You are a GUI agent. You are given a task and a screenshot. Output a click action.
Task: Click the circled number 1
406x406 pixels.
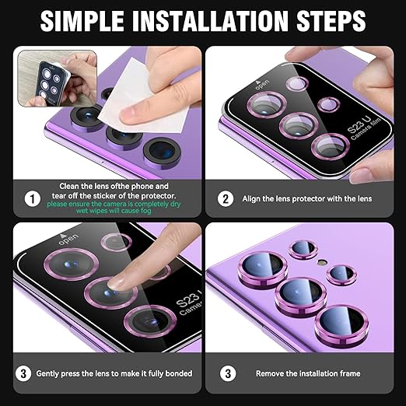32,198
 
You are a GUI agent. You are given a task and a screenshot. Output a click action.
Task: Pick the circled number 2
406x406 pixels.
226,198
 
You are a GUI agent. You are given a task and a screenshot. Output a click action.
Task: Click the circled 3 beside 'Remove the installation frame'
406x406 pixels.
226,373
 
